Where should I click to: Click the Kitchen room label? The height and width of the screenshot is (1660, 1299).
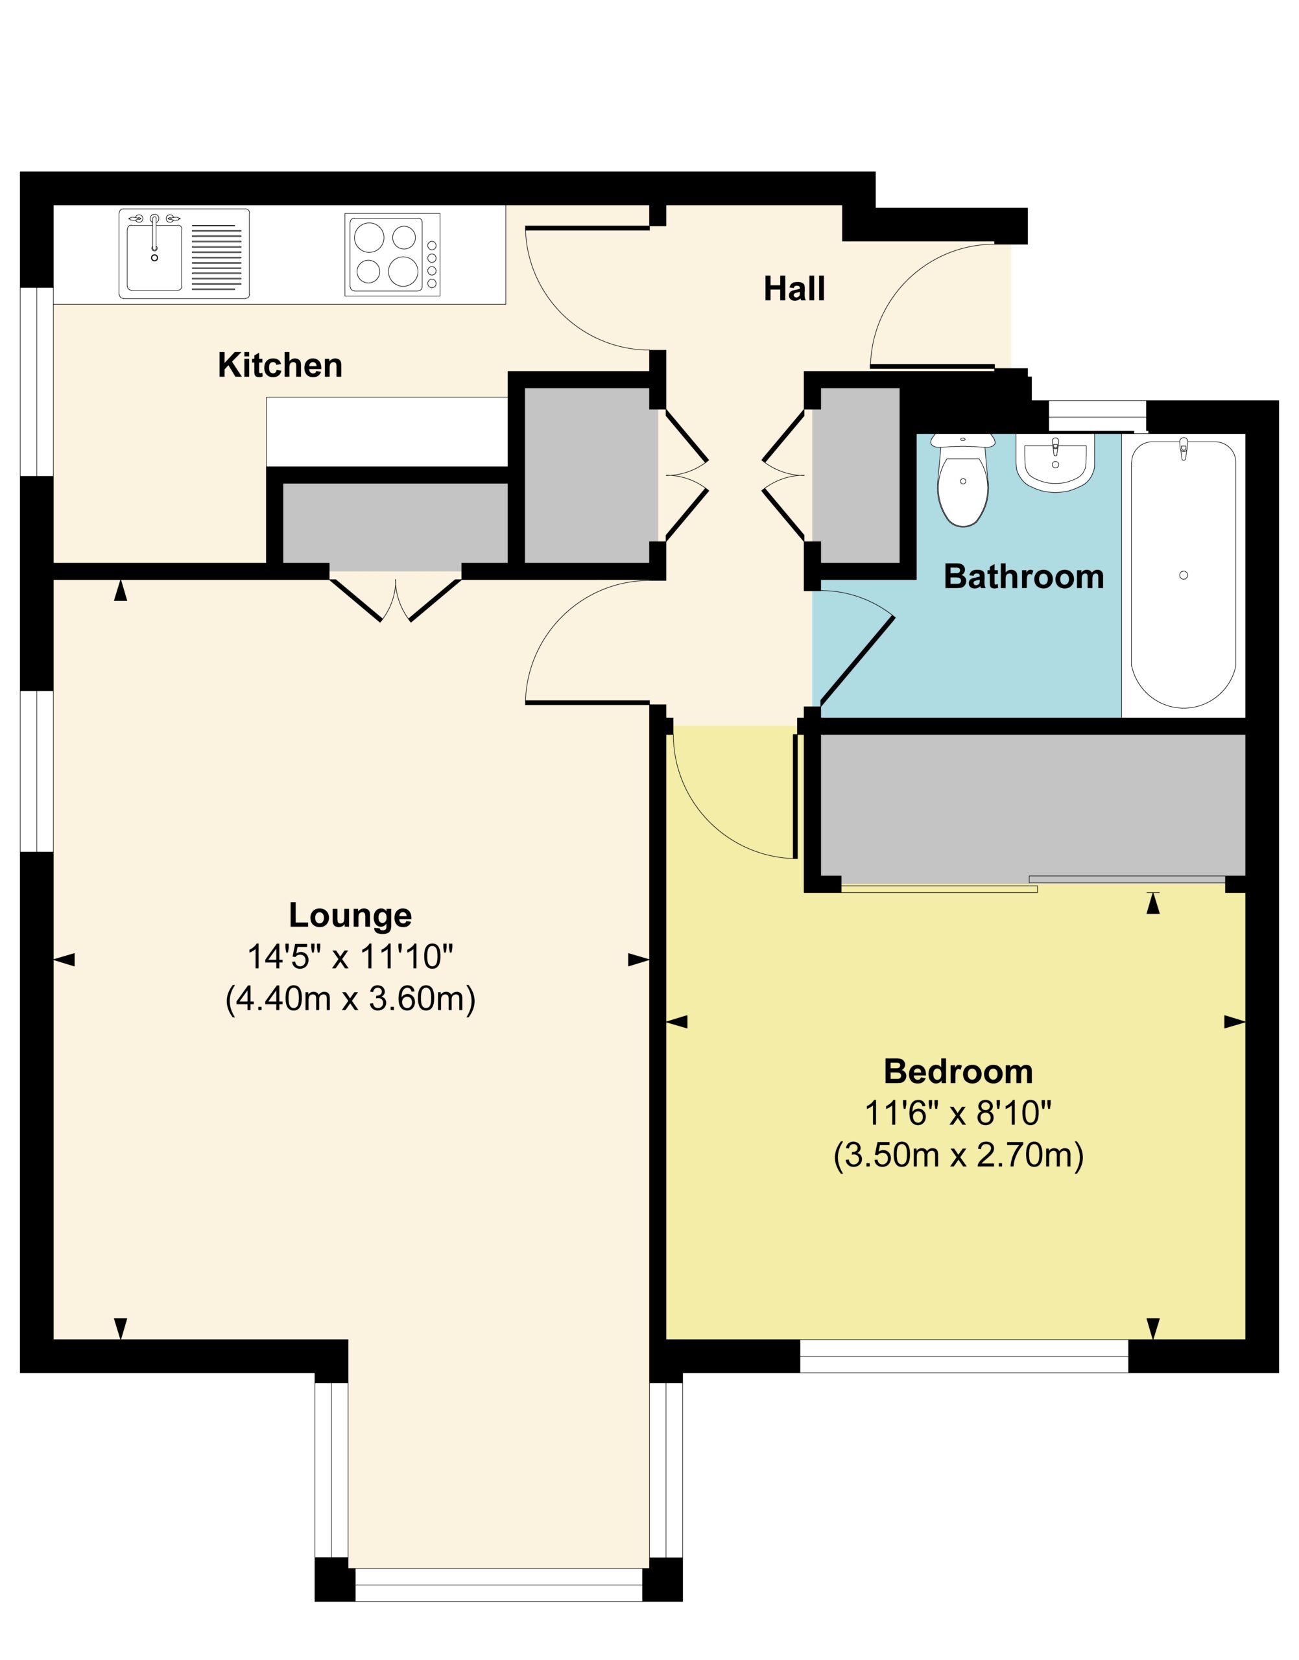[280, 366]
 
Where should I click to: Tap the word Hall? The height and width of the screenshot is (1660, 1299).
[794, 289]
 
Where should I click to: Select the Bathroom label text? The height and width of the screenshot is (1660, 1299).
[1023, 577]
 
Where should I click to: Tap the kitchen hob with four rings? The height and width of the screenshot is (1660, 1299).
[392, 254]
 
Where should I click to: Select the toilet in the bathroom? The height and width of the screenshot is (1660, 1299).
[963, 479]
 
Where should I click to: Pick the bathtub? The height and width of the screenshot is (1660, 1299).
[1183, 574]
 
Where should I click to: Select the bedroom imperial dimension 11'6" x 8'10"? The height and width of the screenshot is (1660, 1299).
[959, 1114]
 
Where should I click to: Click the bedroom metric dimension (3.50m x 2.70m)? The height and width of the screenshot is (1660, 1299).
[959, 1157]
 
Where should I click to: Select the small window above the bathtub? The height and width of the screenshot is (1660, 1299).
[1097, 417]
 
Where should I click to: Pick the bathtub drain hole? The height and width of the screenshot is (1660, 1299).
[1184, 575]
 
